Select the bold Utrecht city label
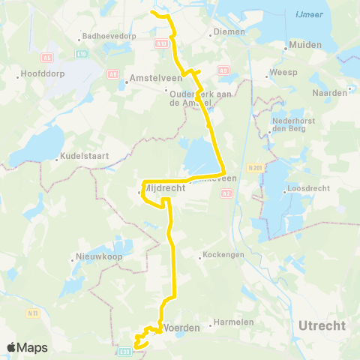[322, 325]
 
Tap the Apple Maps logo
[27, 347]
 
